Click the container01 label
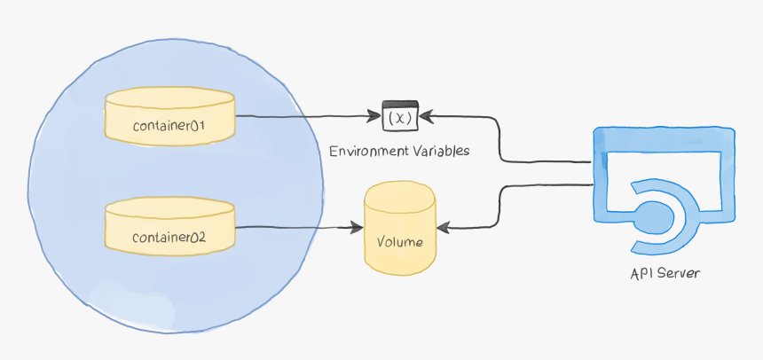(169, 126)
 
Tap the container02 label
(169, 238)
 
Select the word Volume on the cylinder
(399, 242)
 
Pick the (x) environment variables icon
(399, 117)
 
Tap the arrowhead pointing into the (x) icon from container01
(375, 116)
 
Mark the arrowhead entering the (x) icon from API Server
(425, 115)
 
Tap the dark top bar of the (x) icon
(399, 105)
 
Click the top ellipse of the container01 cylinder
(169, 98)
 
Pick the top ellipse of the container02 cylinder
(169, 209)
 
